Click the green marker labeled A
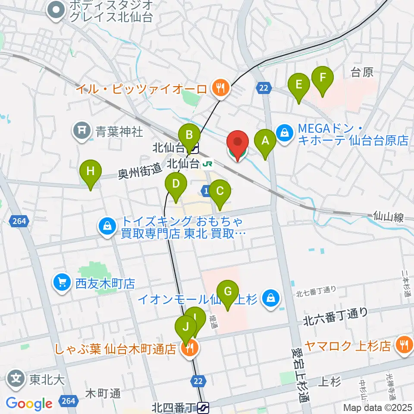[x=265, y=141]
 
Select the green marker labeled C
[x=220, y=192]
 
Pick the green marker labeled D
[x=176, y=185]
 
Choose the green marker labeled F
[x=323, y=78]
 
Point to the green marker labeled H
[x=91, y=172]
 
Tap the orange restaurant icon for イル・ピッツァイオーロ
[x=220, y=88]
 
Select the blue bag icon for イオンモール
[x=271, y=298]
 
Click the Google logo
[x=29, y=404]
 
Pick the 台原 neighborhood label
[x=361, y=72]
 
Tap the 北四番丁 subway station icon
[x=204, y=406]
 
